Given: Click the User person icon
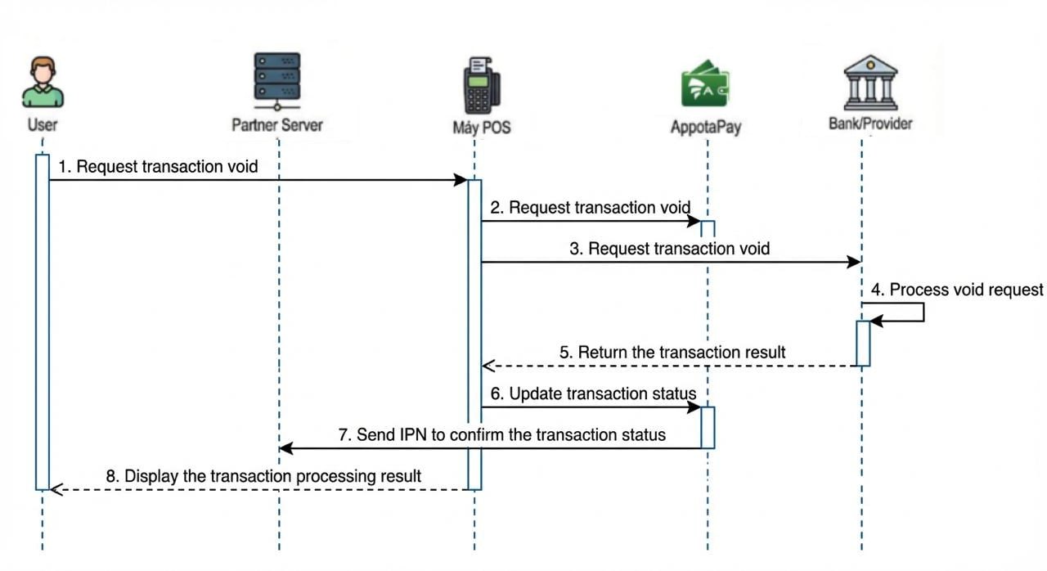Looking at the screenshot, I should (x=43, y=82).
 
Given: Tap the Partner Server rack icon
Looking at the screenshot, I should (x=276, y=81).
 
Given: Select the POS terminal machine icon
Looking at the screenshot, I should (x=482, y=85).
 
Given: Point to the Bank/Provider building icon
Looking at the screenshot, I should (x=870, y=83).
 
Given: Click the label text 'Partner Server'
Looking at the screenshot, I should (x=276, y=125).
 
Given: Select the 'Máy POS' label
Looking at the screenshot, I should (x=481, y=128).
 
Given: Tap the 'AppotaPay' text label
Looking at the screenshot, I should (x=706, y=128).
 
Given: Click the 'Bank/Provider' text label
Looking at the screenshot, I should (x=870, y=124).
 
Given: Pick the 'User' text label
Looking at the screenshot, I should (x=43, y=125).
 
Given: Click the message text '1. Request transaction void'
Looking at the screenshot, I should (x=158, y=167).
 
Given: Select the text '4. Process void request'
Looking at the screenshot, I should (x=957, y=290).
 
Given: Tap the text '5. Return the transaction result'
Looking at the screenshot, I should (x=672, y=352).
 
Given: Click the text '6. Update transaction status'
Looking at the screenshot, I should (x=593, y=393).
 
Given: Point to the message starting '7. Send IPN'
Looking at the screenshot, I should (x=502, y=434).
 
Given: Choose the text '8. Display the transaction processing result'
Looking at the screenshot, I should (x=263, y=475).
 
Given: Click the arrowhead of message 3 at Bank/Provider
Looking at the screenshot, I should (x=855, y=262).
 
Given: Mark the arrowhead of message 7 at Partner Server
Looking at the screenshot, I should (x=285, y=448).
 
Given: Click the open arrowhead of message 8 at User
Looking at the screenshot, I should (x=56, y=489).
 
